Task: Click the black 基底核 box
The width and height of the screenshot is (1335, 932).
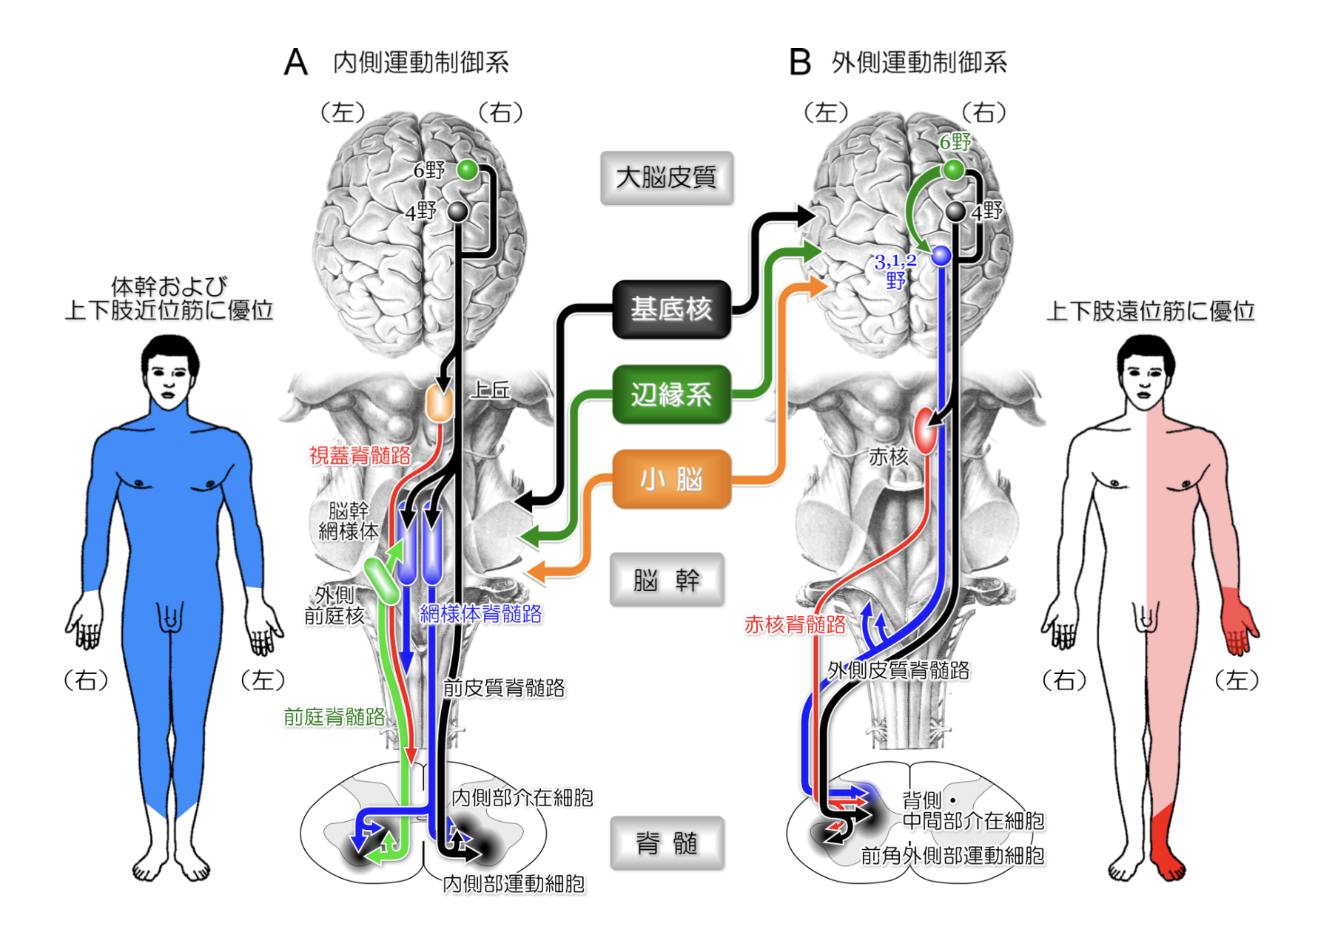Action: [x=670, y=309]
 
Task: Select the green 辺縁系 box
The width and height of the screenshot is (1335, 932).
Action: [x=670, y=394]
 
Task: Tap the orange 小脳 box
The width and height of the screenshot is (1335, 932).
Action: [x=670, y=479]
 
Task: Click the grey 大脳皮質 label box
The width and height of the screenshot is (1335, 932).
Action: [x=666, y=178]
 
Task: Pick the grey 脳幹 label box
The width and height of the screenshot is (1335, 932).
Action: [x=666, y=580]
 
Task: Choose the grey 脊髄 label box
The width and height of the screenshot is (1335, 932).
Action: [x=666, y=842]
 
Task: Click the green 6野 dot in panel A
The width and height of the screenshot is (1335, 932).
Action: [x=467, y=169]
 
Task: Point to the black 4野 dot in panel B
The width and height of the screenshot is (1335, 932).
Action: [x=956, y=212]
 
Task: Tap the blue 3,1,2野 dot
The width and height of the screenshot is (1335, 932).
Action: [x=941, y=256]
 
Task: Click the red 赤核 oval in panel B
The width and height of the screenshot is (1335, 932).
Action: [x=925, y=430]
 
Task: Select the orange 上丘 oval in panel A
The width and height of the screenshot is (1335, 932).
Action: [x=440, y=404]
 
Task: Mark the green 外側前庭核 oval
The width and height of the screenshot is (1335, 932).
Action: [x=382, y=580]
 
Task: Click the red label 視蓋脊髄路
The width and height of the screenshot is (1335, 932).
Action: [x=360, y=456]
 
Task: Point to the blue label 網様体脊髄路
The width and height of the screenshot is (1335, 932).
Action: [x=481, y=614]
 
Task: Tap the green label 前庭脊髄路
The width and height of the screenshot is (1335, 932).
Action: [x=334, y=716]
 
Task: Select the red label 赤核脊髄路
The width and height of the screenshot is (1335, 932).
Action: [x=795, y=625]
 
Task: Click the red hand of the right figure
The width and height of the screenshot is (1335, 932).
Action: [x=1237, y=621]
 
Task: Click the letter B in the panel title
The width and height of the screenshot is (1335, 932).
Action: [x=800, y=62]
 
